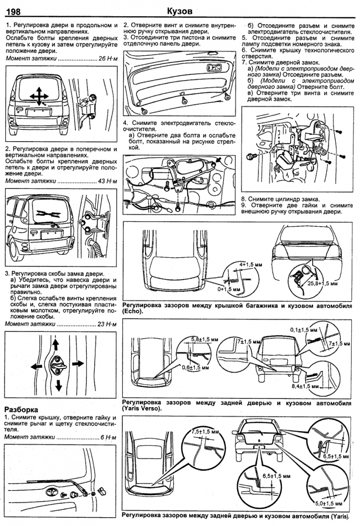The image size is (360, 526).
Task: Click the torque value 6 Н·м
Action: [x=110, y=437]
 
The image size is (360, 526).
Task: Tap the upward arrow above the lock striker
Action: [x=56, y=343]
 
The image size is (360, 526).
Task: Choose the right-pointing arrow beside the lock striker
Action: [x=77, y=363]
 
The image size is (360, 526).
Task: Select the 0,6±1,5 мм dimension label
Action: [x=194, y=368]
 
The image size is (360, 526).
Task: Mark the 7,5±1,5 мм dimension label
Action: [x=205, y=432]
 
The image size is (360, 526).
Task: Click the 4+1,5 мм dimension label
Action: [x=250, y=264]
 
